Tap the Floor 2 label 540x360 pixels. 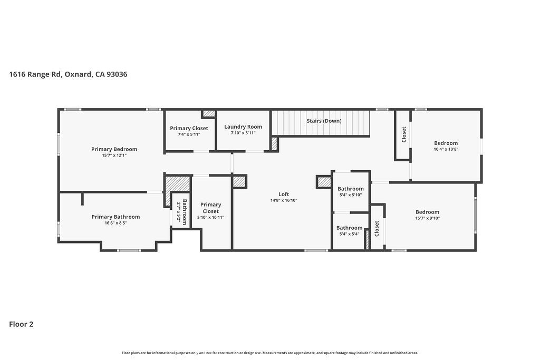pyautogui.click(x=21, y=324)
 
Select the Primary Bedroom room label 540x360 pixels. pyautogui.click(x=114, y=149)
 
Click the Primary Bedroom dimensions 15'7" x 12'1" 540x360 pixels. pyautogui.click(x=114, y=155)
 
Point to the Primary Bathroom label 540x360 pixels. pyautogui.click(x=115, y=217)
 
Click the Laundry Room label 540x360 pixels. pyautogui.click(x=243, y=127)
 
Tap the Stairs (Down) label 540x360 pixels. pyautogui.click(x=324, y=121)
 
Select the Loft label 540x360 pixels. pyautogui.click(x=284, y=194)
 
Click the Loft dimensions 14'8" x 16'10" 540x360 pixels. pyautogui.click(x=284, y=200)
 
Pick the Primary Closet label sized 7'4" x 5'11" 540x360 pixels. pyautogui.click(x=189, y=128)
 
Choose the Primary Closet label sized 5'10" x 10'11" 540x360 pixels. pyautogui.click(x=210, y=208)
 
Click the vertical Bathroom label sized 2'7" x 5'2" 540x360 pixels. pyautogui.click(x=185, y=212)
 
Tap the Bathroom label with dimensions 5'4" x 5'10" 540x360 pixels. pyautogui.click(x=351, y=189)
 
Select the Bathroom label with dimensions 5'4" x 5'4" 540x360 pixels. pyautogui.click(x=350, y=228)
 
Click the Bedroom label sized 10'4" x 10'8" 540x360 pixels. pyautogui.click(x=446, y=143)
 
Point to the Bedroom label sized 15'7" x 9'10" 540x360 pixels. pyautogui.click(x=427, y=212)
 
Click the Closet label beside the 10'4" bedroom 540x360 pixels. pyautogui.click(x=404, y=134)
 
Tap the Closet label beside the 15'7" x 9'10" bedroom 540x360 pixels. pyautogui.click(x=377, y=228)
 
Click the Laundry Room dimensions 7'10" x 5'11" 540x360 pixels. pyautogui.click(x=243, y=133)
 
